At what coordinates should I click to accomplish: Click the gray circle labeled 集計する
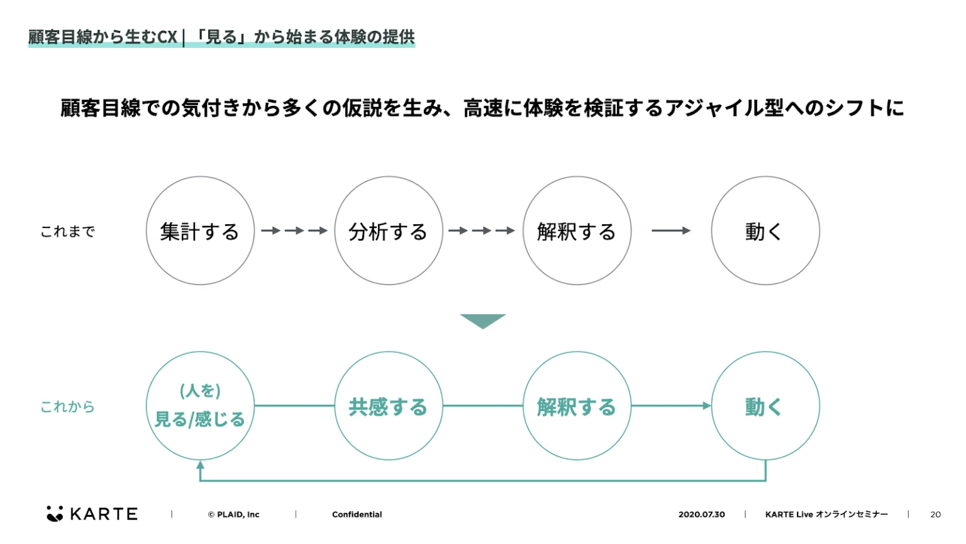point(200,231)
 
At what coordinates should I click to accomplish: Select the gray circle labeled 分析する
point(388,231)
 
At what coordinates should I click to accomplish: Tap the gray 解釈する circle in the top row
point(577,231)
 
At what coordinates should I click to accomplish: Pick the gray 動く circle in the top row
point(765,231)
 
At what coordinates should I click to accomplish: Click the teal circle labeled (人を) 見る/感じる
point(200,406)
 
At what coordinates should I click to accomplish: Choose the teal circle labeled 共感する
point(388,406)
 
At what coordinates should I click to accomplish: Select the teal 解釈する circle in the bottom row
point(577,406)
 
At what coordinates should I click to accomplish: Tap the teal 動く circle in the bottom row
point(765,406)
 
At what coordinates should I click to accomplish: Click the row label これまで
point(67,232)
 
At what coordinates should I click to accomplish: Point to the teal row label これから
point(67,407)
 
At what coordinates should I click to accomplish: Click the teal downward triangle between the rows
point(482,320)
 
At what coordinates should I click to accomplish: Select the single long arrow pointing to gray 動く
point(670,231)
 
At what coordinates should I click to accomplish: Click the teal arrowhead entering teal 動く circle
point(707,406)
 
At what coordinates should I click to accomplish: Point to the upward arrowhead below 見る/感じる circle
point(200,465)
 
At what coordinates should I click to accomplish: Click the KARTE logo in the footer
point(92,514)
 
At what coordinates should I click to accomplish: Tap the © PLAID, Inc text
point(233,514)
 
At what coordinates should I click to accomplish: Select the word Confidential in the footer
point(357,514)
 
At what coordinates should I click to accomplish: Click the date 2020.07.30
point(701,514)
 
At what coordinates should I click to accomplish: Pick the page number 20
point(935,514)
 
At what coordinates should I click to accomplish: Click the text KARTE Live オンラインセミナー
point(826,514)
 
